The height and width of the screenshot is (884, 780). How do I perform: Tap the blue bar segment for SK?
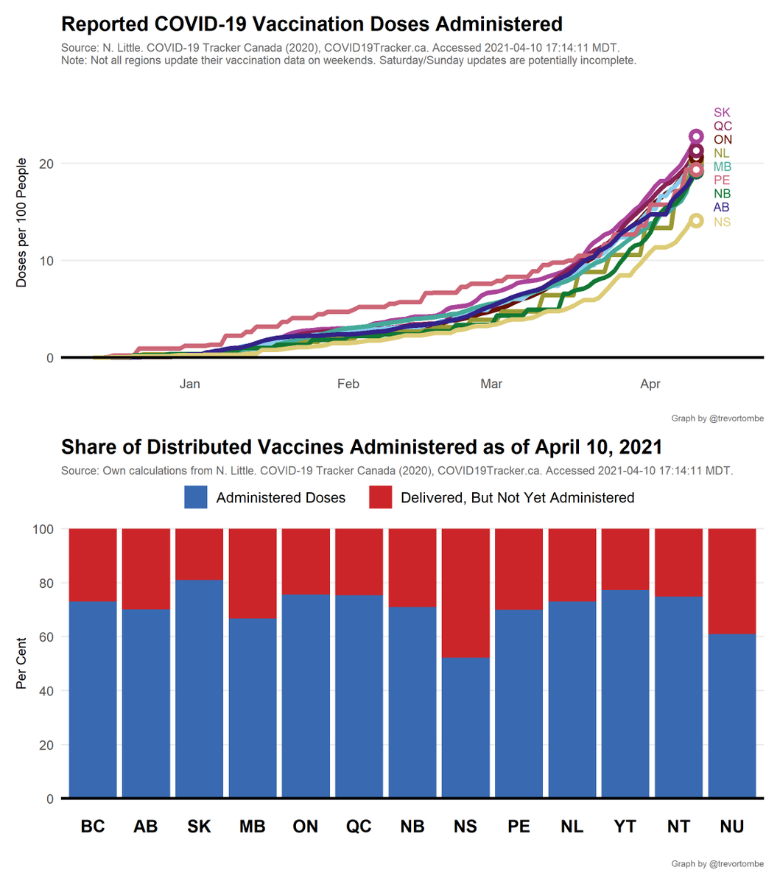click(199, 689)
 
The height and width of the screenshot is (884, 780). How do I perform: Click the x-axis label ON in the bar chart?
click(306, 827)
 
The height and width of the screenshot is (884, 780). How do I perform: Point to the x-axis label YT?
click(625, 827)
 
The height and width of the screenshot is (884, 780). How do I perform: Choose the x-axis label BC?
click(93, 827)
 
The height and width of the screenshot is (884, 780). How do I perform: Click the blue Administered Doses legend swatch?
click(196, 497)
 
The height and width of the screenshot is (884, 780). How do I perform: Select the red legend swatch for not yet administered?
click(380, 497)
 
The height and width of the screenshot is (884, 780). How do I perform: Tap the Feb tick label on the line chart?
click(348, 384)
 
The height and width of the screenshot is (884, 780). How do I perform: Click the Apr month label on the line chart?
click(650, 384)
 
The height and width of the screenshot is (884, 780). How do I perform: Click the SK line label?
click(722, 113)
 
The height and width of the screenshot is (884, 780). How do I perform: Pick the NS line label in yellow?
click(722, 222)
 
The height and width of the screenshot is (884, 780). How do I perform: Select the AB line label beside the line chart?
click(722, 208)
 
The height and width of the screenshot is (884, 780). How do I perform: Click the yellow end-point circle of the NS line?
click(696, 221)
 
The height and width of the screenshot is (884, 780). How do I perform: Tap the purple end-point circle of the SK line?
click(696, 136)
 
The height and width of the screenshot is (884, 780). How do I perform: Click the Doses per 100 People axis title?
click(21, 222)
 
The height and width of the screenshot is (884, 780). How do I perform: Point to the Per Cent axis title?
click(21, 663)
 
